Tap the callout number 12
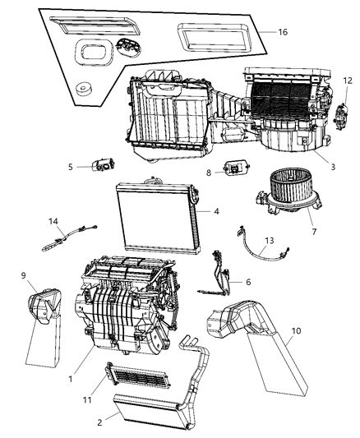348,80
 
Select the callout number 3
332,167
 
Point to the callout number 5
71,167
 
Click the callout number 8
209,173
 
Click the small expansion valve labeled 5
104,164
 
